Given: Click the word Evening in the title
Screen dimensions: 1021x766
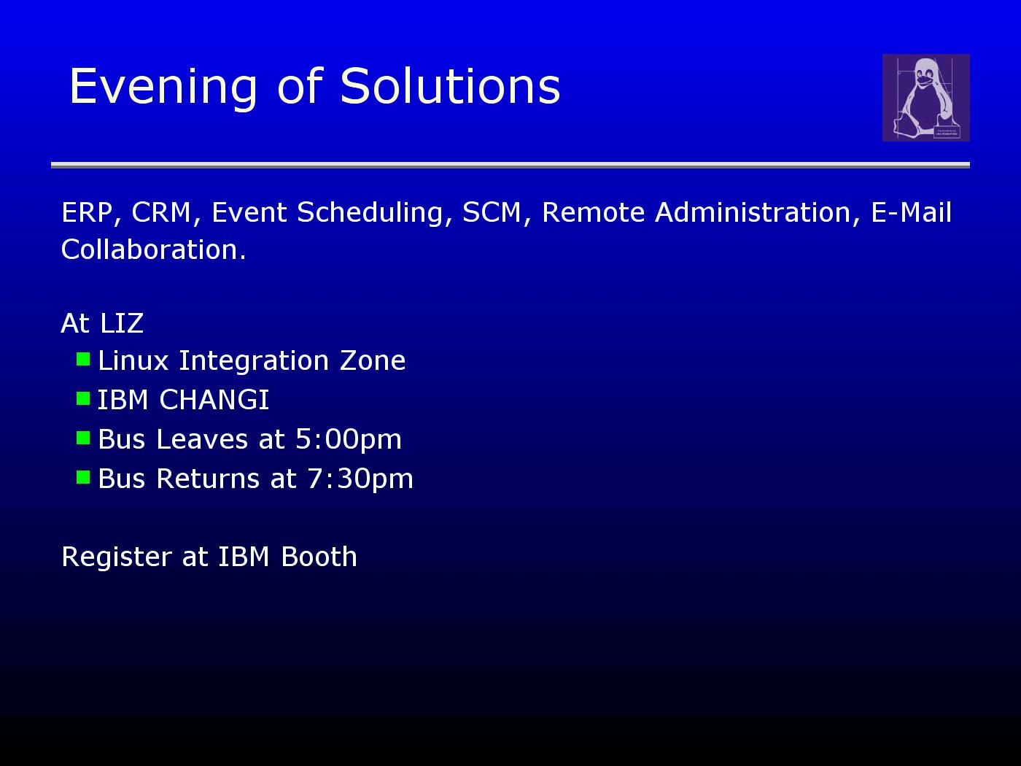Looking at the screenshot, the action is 163,88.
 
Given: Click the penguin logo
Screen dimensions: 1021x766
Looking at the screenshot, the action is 925,98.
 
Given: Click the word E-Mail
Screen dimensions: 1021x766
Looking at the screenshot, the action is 911,212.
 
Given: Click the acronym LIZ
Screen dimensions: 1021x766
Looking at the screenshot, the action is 122,322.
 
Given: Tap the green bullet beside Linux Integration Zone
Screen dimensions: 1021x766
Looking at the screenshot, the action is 83,359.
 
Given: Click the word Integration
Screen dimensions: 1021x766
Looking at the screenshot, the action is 254,361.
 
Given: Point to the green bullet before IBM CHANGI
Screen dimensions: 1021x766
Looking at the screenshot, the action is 83,398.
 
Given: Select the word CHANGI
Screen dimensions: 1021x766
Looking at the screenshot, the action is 214,400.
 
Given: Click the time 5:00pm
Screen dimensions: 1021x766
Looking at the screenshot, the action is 349,440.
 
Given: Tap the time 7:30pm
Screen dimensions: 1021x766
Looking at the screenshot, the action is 360,479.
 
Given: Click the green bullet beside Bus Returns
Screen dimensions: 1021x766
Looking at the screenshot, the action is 83,477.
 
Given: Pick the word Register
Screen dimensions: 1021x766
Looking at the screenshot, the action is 117,557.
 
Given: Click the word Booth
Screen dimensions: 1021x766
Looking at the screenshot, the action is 319,556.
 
